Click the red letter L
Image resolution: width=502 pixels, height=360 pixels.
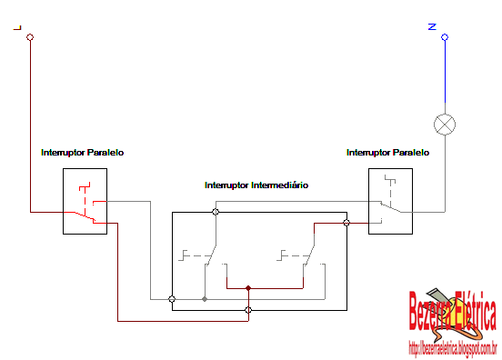(17, 28)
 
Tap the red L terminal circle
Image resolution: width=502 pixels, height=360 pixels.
(30, 38)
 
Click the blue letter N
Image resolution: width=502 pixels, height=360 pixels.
(433, 27)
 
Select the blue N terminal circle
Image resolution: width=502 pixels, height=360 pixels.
(445, 38)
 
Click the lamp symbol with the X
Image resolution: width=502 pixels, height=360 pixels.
(445, 124)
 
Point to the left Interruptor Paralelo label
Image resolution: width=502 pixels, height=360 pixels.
(82, 153)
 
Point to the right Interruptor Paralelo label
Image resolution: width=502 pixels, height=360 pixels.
(387, 153)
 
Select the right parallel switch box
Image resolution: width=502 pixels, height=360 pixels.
(389, 201)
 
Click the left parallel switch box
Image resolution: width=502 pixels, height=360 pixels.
(85, 201)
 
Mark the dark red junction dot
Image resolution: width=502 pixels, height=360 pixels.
(248, 289)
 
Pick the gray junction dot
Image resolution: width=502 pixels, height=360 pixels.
(205, 298)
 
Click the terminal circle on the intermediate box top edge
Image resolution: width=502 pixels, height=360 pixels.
(216, 212)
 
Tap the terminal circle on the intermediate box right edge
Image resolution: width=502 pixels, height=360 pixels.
(346, 223)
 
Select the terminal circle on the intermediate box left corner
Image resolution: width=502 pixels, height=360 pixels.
(172, 298)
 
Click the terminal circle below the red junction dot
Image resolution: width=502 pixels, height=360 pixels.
(248, 310)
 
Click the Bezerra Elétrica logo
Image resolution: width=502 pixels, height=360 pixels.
(452, 314)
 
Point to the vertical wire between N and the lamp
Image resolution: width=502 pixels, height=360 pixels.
(445, 77)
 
